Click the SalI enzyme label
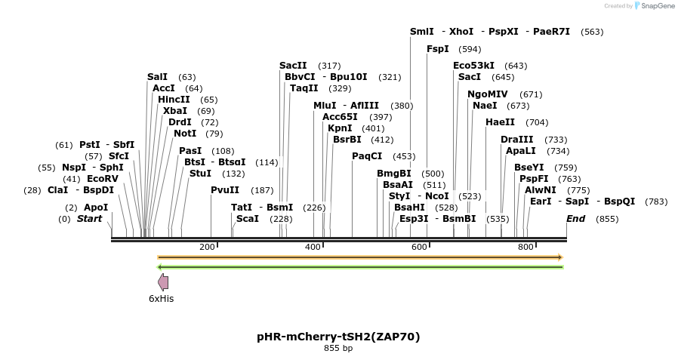click(157, 77)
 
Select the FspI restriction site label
click(438, 49)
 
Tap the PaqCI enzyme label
click(367, 156)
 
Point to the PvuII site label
click(225, 190)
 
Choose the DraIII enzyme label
click(517, 140)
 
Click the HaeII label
click(500, 122)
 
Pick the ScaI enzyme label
click(248, 219)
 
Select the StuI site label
click(200, 174)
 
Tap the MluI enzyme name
click(325, 106)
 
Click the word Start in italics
click(89, 219)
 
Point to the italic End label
click(576, 219)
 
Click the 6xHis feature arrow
click(162, 282)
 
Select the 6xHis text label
click(161, 299)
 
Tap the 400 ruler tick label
click(313, 248)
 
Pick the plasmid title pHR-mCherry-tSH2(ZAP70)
click(338, 337)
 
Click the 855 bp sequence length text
click(338, 349)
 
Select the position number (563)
click(593, 32)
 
